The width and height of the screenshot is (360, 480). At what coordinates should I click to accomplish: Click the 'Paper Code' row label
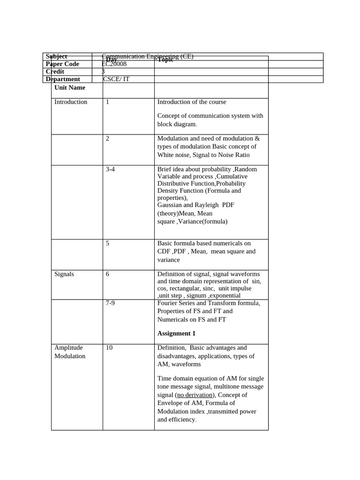coord(62,64)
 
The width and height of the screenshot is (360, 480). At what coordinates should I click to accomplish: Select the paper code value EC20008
coord(114,64)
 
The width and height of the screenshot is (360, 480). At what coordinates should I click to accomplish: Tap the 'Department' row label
coord(63,79)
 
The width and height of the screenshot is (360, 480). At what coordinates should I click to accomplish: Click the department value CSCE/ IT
coord(116,79)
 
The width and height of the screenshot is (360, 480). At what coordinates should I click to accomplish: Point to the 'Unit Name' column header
coord(70,88)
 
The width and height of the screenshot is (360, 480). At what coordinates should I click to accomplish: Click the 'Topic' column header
coord(165,60)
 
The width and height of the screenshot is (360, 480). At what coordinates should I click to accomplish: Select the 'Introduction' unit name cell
coord(71,102)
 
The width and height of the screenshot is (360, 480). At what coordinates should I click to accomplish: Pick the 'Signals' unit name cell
coord(64,274)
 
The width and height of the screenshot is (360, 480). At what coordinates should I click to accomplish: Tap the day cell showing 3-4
coord(110,169)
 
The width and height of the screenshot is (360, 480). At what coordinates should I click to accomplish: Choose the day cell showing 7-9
coord(110,303)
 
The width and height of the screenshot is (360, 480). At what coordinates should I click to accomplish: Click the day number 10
coord(109,348)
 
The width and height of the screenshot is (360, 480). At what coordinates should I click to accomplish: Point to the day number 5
coord(107,243)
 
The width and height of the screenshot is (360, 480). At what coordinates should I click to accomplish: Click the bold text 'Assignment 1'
coord(176,334)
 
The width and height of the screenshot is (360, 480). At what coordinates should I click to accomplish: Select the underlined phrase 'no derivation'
coord(195,395)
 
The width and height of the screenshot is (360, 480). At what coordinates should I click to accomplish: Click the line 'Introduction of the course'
coord(192,102)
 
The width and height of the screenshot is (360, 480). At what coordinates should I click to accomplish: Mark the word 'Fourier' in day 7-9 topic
coord(168,303)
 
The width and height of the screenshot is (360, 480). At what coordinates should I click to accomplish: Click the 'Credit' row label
coord(55,72)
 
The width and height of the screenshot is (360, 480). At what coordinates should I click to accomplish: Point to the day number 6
coord(107,274)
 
